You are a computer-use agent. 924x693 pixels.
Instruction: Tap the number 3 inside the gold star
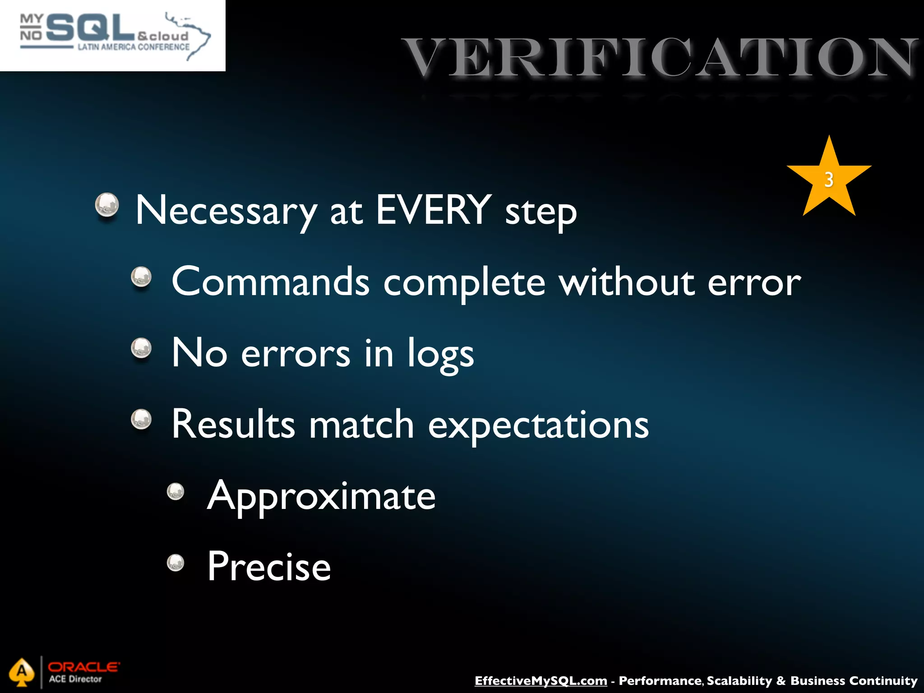pyautogui.click(x=828, y=180)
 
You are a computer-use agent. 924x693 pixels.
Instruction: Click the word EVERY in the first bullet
pyautogui.click(x=434, y=209)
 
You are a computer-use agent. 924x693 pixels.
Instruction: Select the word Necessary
pyautogui.click(x=226, y=210)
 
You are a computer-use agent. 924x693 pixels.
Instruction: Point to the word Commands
pyautogui.click(x=270, y=282)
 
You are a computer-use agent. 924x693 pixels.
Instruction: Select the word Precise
pyautogui.click(x=269, y=567)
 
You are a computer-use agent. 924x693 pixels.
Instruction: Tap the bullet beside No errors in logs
pyautogui.click(x=141, y=348)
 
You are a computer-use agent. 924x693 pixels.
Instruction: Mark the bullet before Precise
pyautogui.click(x=176, y=562)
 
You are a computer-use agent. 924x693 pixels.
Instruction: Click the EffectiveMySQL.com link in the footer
pyautogui.click(x=541, y=680)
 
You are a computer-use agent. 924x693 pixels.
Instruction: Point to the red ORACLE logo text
pyautogui.click(x=83, y=666)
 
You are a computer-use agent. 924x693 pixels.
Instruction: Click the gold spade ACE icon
pyautogui.click(x=21, y=672)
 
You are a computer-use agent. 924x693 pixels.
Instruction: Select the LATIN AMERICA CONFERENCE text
pyautogui.click(x=134, y=47)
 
